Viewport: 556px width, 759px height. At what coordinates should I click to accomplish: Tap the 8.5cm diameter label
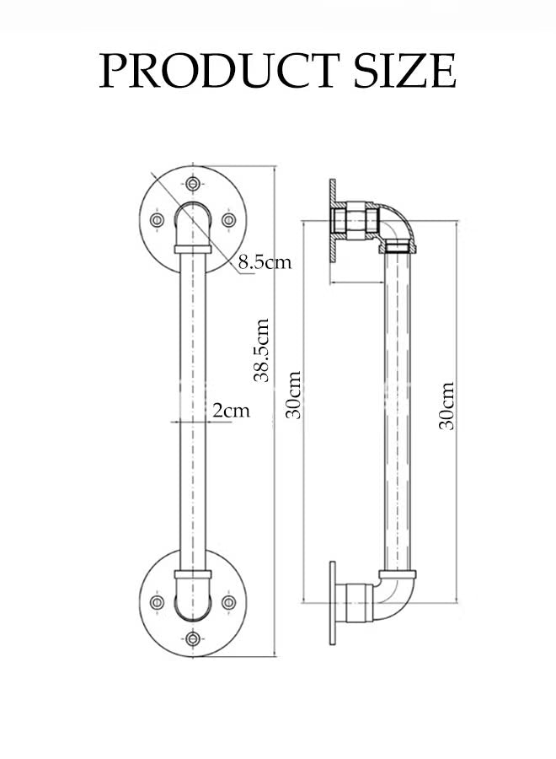tap(264, 262)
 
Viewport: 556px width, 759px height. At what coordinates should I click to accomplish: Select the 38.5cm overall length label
tap(262, 350)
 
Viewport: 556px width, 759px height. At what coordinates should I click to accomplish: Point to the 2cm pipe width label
tap(231, 411)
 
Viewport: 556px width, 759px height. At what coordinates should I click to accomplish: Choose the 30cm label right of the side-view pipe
tap(446, 406)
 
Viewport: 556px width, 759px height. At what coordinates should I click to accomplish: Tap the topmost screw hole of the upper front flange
tap(193, 183)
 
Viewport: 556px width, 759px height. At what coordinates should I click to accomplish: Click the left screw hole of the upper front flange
tap(157, 219)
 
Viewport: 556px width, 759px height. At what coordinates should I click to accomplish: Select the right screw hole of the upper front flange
tap(228, 219)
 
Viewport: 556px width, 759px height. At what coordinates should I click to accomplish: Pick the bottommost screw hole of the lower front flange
tap(193, 639)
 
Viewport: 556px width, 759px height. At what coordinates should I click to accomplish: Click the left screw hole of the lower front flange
tap(157, 602)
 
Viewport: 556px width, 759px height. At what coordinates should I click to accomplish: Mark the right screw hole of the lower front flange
tap(228, 602)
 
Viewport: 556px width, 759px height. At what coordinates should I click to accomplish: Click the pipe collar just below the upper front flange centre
tap(193, 249)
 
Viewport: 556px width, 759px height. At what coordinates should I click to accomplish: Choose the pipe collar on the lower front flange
tap(193, 573)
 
